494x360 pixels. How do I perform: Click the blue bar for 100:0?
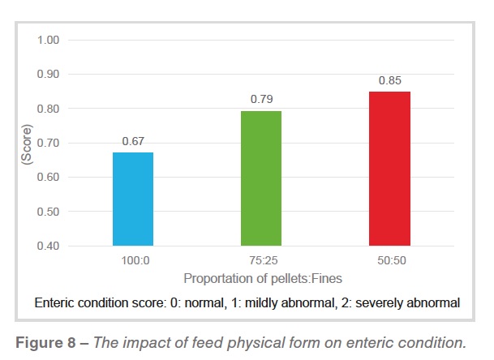[x=132, y=199]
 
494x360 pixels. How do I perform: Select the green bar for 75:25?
[x=260, y=178]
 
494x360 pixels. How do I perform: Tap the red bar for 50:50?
[x=389, y=168]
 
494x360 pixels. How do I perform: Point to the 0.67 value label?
[x=133, y=141]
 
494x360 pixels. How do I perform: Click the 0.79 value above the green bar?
[x=261, y=100]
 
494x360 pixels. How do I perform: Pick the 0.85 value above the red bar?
[x=390, y=80]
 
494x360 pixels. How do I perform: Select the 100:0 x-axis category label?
[x=133, y=260]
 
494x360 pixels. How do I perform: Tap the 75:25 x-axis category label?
[x=261, y=260]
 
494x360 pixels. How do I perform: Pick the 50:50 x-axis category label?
[x=390, y=260]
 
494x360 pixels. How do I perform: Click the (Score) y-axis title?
[x=26, y=143]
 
